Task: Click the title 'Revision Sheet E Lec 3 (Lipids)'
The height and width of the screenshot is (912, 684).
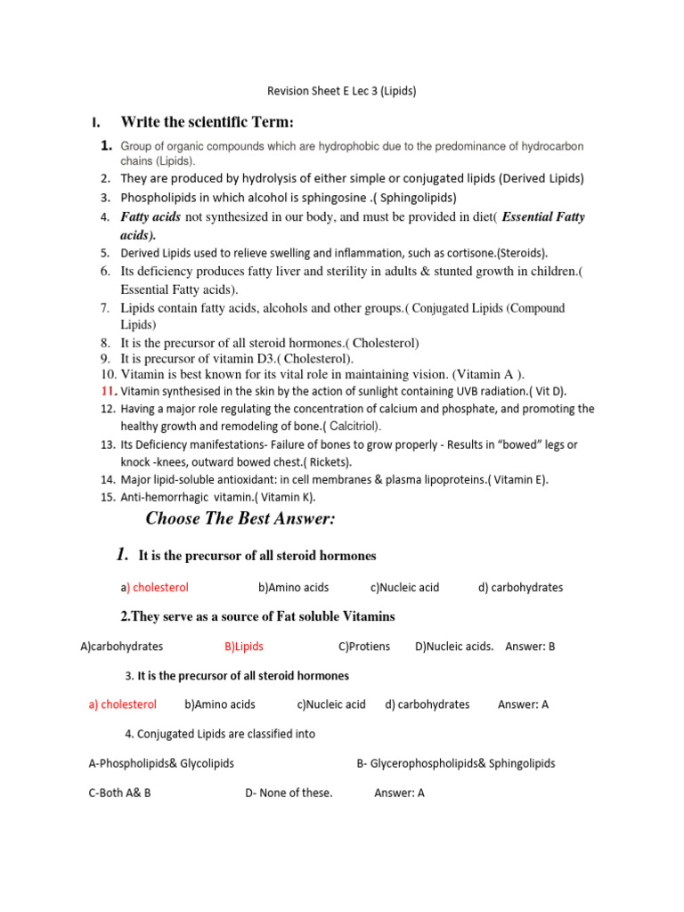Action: click(342, 91)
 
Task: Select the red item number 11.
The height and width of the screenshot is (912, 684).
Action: click(108, 391)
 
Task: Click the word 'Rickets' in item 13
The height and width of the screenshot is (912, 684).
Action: click(330, 462)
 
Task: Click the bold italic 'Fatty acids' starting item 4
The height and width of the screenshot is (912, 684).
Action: click(151, 216)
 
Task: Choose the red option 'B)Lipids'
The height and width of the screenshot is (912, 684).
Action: click(244, 647)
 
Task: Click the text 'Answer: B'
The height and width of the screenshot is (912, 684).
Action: click(530, 647)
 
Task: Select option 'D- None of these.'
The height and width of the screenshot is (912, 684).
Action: click(289, 794)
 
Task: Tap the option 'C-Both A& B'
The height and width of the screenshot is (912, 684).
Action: click(119, 794)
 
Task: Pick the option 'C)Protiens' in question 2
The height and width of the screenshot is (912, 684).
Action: click(364, 647)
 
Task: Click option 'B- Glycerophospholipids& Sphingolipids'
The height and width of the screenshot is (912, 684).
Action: click(455, 763)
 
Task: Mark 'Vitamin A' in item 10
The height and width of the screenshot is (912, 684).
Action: click(490, 374)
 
